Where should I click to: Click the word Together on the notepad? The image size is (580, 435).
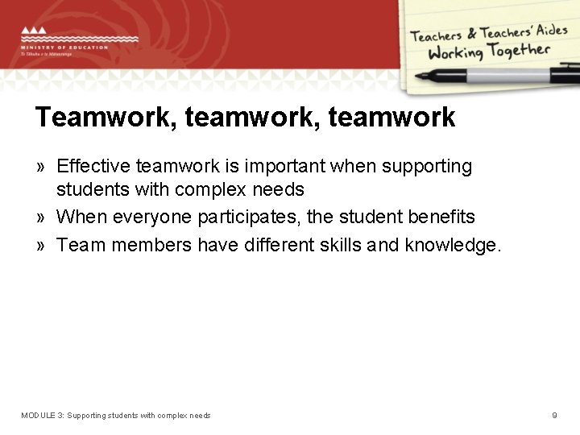516,51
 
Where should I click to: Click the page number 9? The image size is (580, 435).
554,416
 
